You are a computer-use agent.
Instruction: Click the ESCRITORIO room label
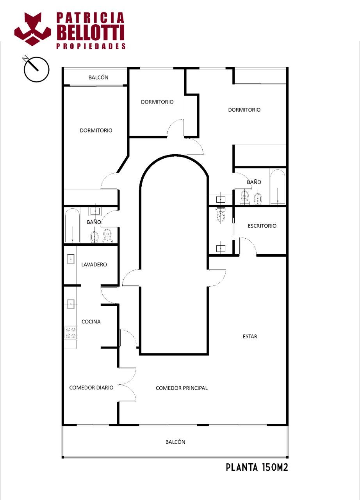pos(262,226)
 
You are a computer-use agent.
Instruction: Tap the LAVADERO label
pos(94,264)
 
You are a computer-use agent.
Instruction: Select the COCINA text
pos(91,321)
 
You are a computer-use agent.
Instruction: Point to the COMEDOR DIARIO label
pos(91,387)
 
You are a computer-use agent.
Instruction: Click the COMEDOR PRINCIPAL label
pos(182,388)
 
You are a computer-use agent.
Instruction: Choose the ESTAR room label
pos(250,336)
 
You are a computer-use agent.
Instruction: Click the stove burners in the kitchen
pos(71,332)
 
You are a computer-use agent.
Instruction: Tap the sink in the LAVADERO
pos(71,259)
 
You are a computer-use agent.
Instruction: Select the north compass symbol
pos(36,69)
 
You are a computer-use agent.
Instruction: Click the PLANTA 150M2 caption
pos(257,467)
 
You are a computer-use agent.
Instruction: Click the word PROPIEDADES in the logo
pos(91,46)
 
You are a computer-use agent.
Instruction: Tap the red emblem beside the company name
pos(32,29)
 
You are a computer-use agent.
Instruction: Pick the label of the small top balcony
pos(98,77)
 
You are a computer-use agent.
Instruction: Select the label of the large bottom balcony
pos(175,442)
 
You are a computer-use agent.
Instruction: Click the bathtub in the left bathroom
pos(72,225)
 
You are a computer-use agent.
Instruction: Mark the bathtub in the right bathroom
pos(278,187)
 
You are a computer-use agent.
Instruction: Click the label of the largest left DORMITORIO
pos(96,130)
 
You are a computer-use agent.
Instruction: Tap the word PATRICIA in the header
pos(90,18)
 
